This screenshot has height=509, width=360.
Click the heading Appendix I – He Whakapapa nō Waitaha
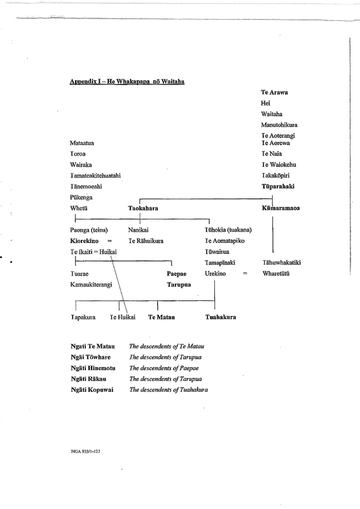(127, 81)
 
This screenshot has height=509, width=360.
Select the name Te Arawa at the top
(274, 92)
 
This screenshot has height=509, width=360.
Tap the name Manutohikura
(279, 125)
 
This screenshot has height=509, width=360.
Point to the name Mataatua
(82, 143)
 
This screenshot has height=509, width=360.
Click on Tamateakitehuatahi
(95, 176)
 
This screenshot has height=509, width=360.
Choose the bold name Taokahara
(143, 208)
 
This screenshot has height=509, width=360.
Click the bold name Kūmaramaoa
(280, 208)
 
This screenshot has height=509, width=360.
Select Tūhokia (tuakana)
(228, 230)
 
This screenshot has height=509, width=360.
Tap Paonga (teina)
(88, 230)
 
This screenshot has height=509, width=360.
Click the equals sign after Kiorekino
(110, 241)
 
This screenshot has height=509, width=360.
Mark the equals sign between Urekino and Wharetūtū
(245, 274)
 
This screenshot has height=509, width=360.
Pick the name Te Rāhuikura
(146, 241)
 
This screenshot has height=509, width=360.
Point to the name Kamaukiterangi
(91, 284)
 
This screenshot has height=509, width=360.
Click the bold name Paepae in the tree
(177, 274)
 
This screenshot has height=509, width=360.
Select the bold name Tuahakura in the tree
(221, 317)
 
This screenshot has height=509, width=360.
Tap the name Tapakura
(83, 317)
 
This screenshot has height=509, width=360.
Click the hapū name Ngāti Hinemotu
(93, 368)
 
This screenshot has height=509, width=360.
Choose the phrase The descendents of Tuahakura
(169, 389)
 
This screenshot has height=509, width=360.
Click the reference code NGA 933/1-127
(85, 451)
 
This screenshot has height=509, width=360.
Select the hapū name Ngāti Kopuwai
(92, 389)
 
